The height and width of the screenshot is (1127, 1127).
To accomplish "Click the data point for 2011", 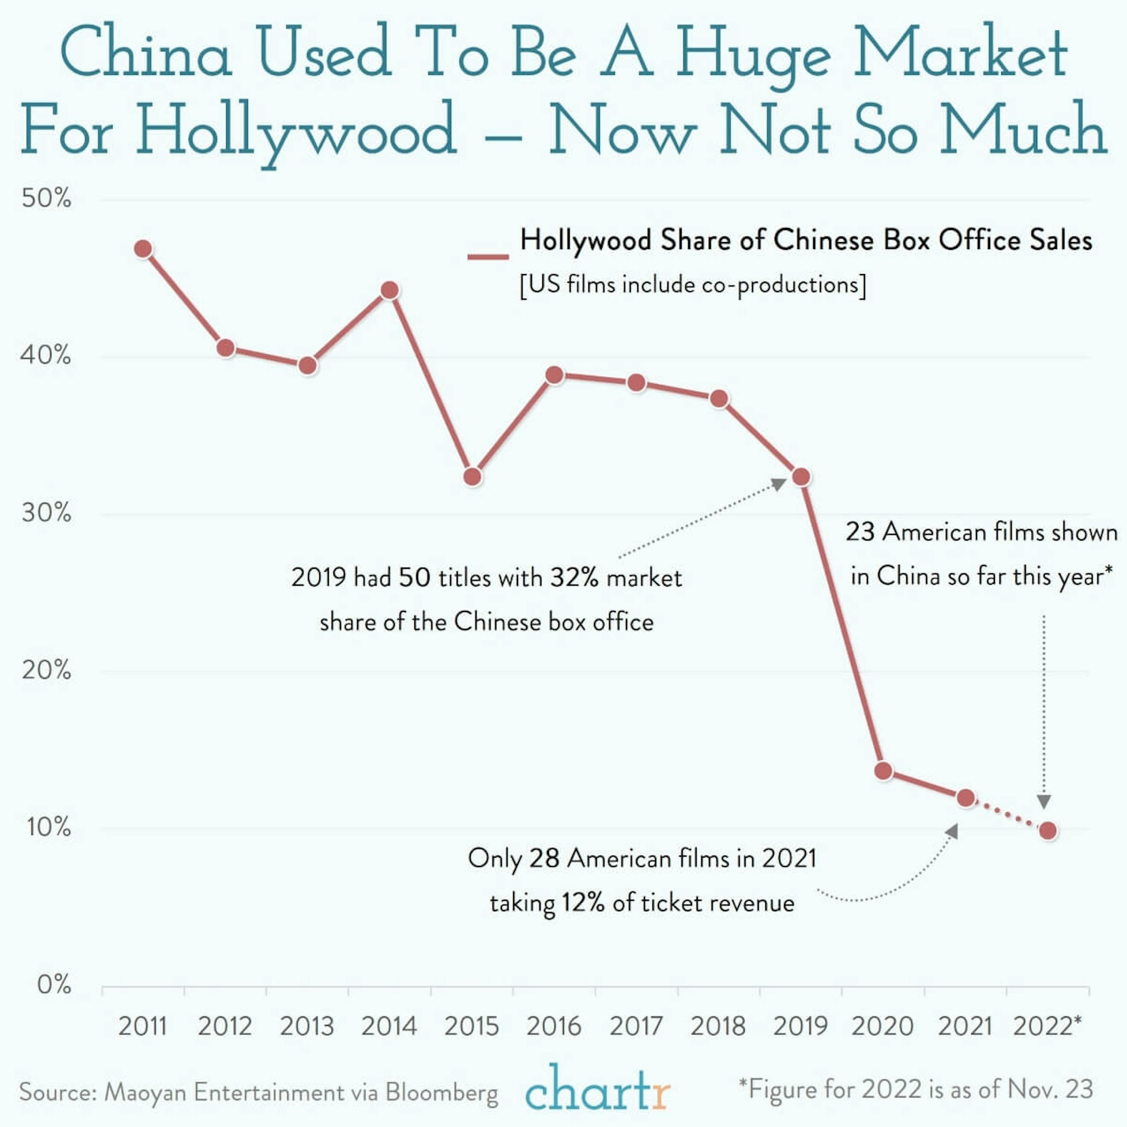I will [x=143, y=249].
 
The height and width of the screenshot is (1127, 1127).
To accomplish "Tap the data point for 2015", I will [x=473, y=477].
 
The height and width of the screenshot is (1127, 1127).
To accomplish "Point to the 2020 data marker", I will [x=884, y=771].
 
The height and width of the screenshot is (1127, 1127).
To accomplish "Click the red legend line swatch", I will [x=488, y=257].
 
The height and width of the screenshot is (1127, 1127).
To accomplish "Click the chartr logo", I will [x=597, y=1090].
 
